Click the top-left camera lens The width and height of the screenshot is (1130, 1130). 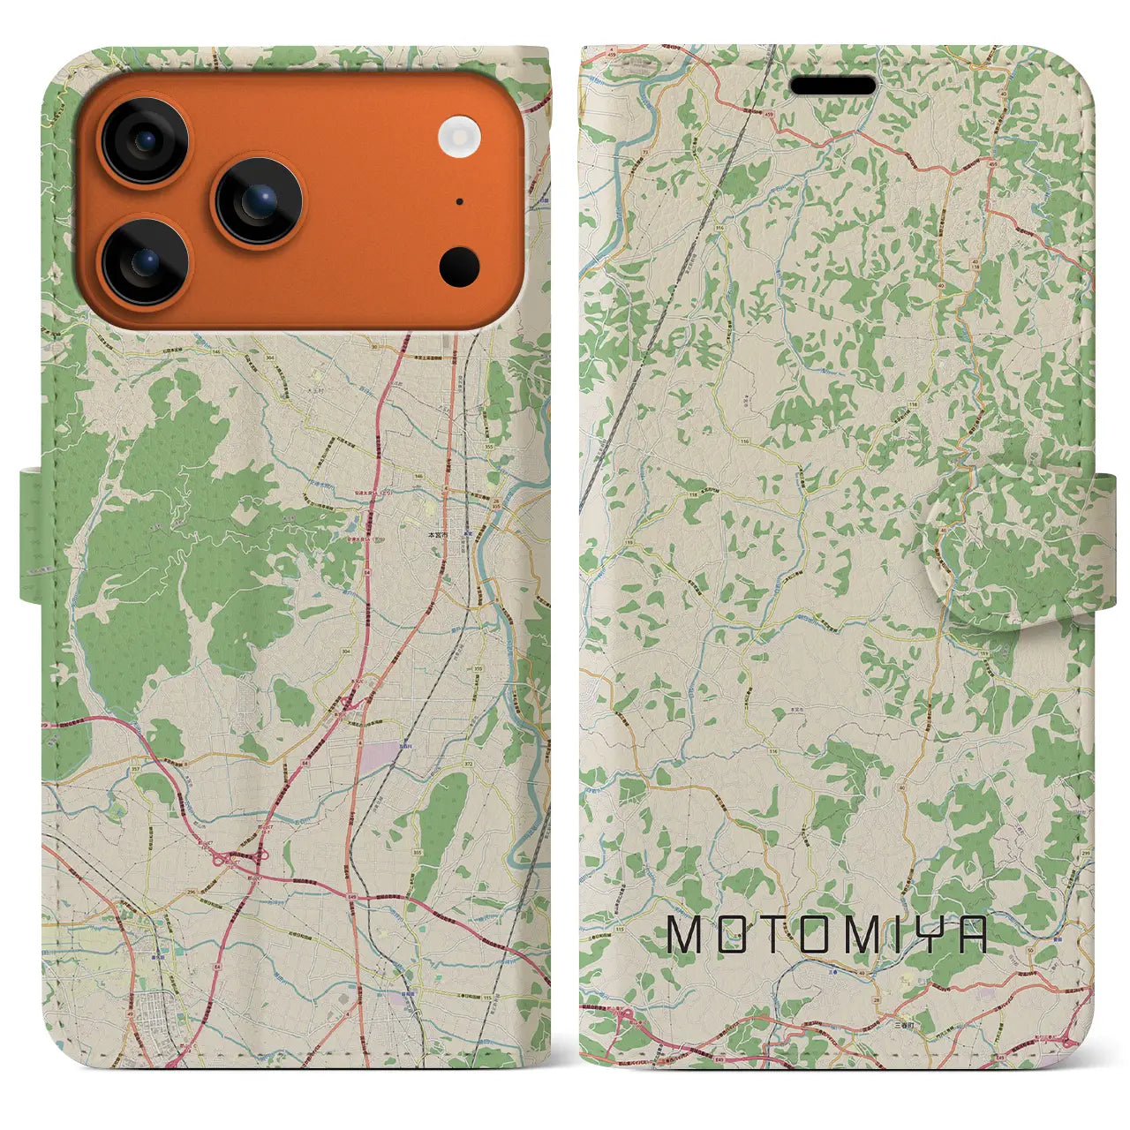click(x=143, y=141)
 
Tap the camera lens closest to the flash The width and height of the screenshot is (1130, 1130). click(x=258, y=201)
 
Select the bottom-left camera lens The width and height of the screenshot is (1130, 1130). click(x=145, y=261)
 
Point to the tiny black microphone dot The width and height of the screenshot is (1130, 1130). click(x=460, y=202)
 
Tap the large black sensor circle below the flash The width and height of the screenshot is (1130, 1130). click(x=459, y=266)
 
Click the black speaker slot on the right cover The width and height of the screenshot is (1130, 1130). click(x=832, y=86)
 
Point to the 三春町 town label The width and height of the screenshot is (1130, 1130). click(x=902, y=1027)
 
